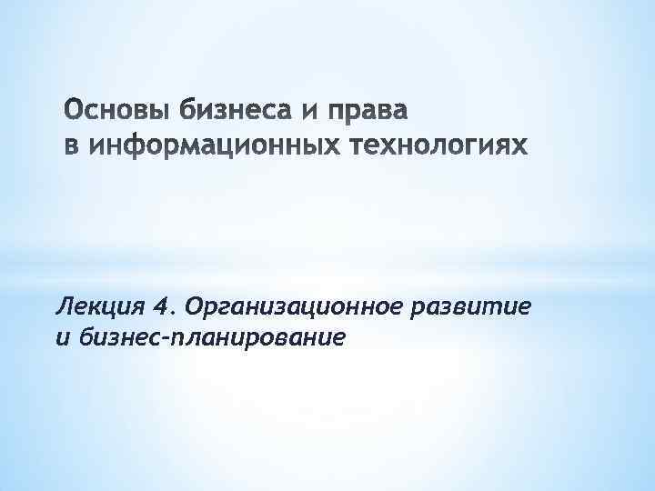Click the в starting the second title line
[71, 146]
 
